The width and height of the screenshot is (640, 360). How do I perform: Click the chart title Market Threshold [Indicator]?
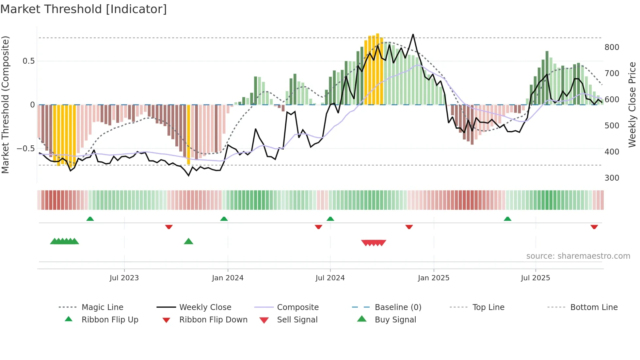click(84, 9)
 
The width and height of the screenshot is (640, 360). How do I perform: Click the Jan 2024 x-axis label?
click(228, 278)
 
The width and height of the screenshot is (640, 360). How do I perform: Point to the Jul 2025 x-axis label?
click(535, 278)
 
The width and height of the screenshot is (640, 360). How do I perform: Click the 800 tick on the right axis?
click(612, 47)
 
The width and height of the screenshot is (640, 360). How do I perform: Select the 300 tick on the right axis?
click(612, 178)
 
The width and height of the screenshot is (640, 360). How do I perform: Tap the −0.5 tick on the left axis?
click(26, 149)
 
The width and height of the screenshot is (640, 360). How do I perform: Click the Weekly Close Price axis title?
click(632, 105)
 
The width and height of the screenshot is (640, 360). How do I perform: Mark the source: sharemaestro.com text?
click(578, 256)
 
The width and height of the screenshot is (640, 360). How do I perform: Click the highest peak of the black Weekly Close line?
click(413, 34)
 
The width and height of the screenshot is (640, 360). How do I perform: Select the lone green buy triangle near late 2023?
click(188, 241)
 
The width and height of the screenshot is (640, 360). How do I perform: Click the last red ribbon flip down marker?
click(594, 227)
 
